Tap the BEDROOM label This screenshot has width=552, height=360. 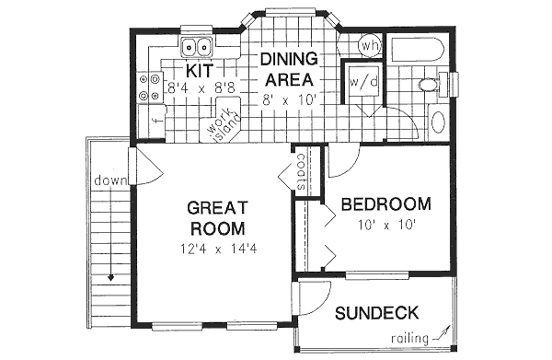pyautogui.click(x=385, y=203)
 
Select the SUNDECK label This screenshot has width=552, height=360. pyautogui.click(x=377, y=312)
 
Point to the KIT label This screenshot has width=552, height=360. pyautogui.click(x=201, y=70)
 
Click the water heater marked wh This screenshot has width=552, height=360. pyautogui.click(x=369, y=45)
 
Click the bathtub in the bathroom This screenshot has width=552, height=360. pyautogui.click(x=416, y=52)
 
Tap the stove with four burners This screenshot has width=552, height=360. pyautogui.click(x=146, y=87)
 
